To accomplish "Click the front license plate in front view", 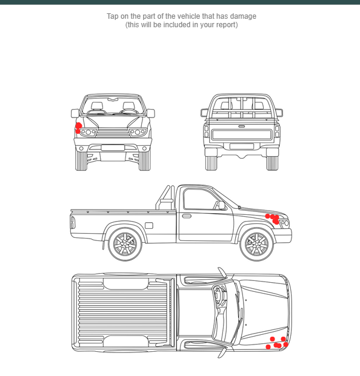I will pos(113,147).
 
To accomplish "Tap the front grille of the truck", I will pos(113,132).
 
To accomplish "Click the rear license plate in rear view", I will pos(242,146).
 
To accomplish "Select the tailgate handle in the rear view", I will pos(242,126).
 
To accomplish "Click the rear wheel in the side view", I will pos(125,245).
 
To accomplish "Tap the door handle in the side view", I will pos(187,216).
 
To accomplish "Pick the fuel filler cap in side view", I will pos(149,226).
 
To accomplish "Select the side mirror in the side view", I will pos(222,205).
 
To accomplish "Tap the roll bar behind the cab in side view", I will pos(166,197).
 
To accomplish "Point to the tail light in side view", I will pos(73,222).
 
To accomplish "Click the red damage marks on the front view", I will pos(78,127).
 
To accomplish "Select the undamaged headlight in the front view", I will pos(139,132).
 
